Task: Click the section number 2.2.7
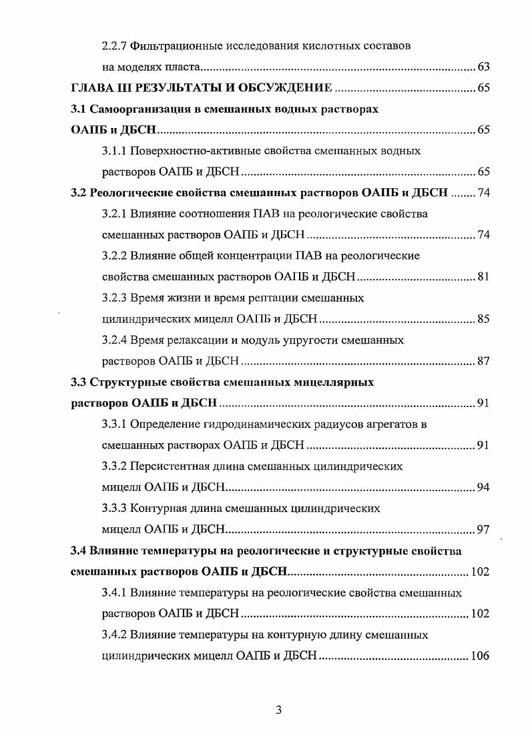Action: tap(113, 46)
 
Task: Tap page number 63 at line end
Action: tap(484, 67)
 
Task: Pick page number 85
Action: tap(484, 319)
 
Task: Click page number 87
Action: tap(484, 361)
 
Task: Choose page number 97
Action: tap(484, 530)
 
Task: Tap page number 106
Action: tap(481, 656)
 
